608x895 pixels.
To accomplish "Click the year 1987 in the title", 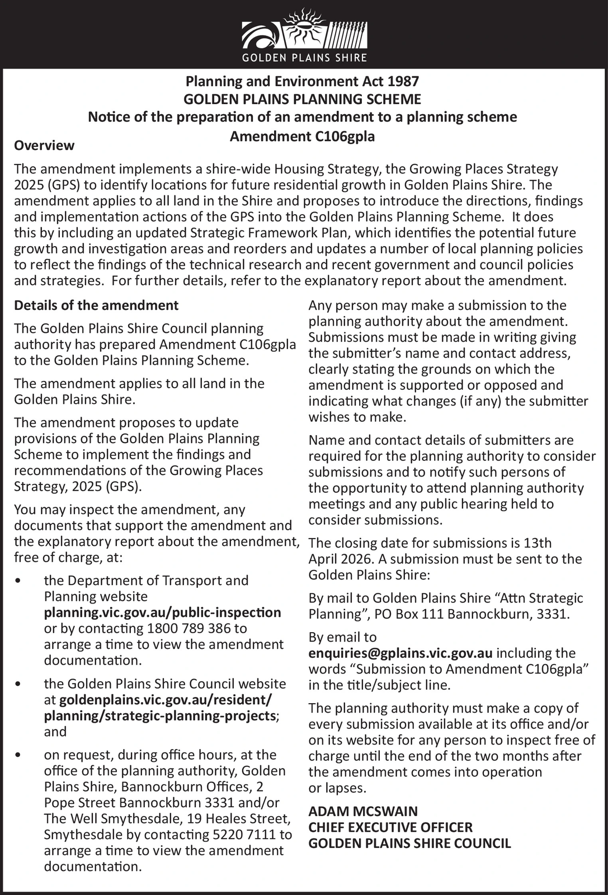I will pyautogui.click(x=402, y=82).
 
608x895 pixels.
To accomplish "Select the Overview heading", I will pyautogui.click(x=44, y=145).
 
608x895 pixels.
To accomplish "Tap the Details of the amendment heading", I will pyautogui.click(x=96, y=305).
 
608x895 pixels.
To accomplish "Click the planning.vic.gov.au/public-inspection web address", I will pyautogui.click(x=162, y=613).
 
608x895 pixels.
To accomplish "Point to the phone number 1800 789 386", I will pyautogui.click(x=190, y=628).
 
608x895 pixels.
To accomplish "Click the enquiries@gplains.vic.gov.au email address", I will pyautogui.click(x=400, y=653).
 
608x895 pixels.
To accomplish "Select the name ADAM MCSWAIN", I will pyautogui.click(x=363, y=811).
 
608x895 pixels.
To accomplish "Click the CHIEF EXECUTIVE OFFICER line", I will pyautogui.click(x=390, y=827).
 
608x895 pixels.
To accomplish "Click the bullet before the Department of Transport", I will pyautogui.click(x=20, y=581).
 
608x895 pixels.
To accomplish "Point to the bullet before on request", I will pyautogui.click(x=20, y=755).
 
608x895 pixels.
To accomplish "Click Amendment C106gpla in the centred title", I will pyautogui.click(x=303, y=136).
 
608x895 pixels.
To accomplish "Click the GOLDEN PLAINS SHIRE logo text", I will pyautogui.click(x=304, y=58).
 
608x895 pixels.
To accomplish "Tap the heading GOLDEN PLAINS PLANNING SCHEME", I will pyautogui.click(x=303, y=100).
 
